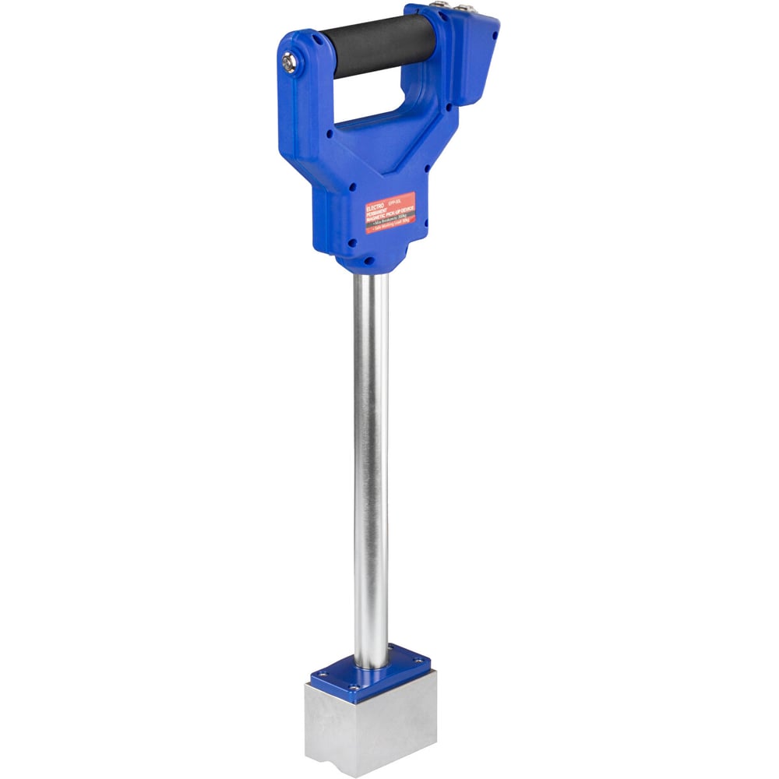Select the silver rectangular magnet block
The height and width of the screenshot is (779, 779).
(x=366, y=724)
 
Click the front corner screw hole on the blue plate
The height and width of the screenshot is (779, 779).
(x=352, y=687)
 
